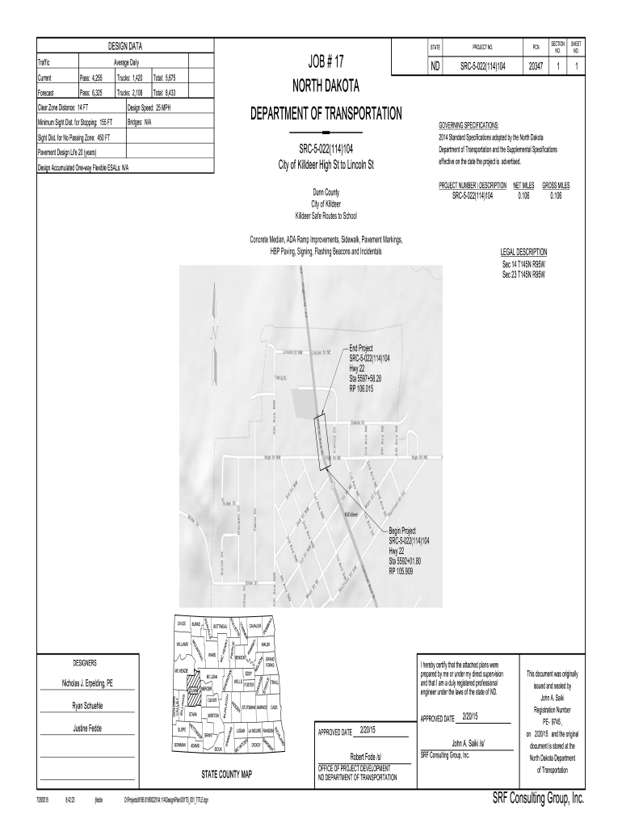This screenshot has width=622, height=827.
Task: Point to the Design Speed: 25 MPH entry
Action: point(149,107)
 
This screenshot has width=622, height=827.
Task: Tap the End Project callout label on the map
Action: point(362,348)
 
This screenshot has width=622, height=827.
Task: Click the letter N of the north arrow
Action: point(215,334)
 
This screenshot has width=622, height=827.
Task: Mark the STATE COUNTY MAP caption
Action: point(226,774)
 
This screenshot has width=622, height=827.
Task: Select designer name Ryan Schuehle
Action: point(88,706)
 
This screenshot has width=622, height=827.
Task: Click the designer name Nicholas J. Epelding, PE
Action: point(88,682)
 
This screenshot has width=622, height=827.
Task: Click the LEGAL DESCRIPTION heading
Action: point(523,252)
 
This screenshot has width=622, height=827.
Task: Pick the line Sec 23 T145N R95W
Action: point(523,274)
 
